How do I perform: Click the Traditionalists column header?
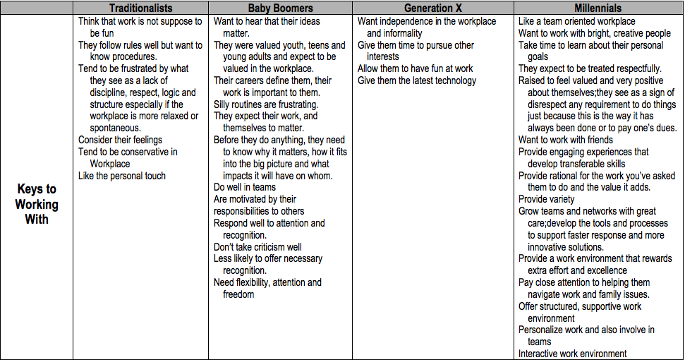click(x=140, y=8)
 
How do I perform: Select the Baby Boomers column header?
click(x=280, y=8)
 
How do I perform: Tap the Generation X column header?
click(x=432, y=8)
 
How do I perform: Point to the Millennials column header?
click(x=598, y=8)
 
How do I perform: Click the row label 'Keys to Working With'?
click(x=37, y=204)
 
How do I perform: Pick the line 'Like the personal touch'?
click(x=122, y=176)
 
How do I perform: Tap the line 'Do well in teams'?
click(x=245, y=188)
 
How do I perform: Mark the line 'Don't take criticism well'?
click(x=257, y=247)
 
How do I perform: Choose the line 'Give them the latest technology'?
click(x=417, y=80)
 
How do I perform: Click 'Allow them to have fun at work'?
click(x=416, y=68)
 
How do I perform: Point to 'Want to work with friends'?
click(x=566, y=140)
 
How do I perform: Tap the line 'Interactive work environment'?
click(x=573, y=354)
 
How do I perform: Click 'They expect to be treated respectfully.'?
click(x=590, y=68)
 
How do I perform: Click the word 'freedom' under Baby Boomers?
click(x=238, y=294)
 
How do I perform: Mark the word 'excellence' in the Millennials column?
click(x=602, y=270)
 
